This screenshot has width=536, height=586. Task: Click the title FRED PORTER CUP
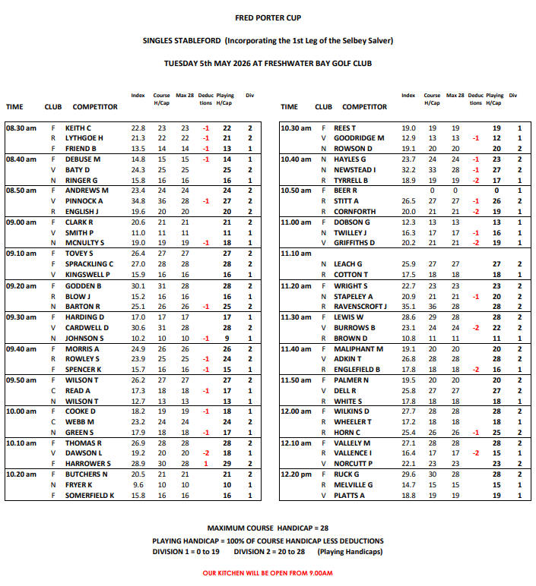tap(268, 17)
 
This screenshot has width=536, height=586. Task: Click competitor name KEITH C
tap(78, 128)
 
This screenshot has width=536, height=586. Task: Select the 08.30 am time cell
tap(21, 128)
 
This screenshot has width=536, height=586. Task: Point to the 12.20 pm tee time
tap(296, 474)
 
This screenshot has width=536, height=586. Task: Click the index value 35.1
tap(408, 307)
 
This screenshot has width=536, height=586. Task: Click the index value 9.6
tap(138, 484)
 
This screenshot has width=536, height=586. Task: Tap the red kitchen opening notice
tap(268, 573)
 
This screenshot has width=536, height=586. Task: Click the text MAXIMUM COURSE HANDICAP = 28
tap(268, 528)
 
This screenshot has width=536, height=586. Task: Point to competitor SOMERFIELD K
tap(90, 495)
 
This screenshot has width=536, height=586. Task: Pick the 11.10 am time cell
tap(296, 254)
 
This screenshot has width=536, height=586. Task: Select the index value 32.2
tap(408, 170)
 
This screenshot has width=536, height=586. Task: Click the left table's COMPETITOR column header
tap(95, 107)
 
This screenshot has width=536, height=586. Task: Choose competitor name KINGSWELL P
tap(87, 275)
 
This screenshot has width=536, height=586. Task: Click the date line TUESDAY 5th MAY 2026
tap(268, 63)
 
